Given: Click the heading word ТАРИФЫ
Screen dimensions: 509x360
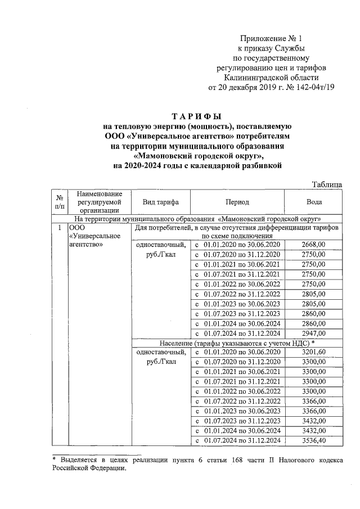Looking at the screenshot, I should click(197, 117).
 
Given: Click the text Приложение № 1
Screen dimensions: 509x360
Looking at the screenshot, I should click(271, 39).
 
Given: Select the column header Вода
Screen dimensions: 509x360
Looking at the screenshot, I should click(313, 202).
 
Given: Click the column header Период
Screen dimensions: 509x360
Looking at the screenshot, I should click(237, 202).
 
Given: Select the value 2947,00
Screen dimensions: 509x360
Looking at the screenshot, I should click(313, 333).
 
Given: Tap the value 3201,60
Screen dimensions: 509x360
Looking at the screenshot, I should click(313, 352).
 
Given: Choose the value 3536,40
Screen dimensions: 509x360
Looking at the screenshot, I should click(313, 440).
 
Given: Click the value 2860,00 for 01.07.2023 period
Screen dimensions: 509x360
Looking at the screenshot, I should click(313, 313).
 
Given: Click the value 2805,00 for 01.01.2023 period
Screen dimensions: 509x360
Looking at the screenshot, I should click(313, 304).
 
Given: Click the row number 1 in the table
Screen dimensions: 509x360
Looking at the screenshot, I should click(60, 228).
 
